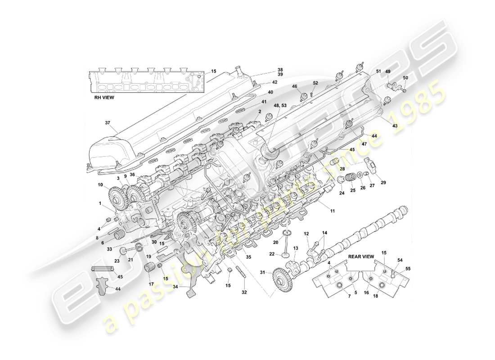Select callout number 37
tap(107, 123)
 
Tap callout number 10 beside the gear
tap(100, 184)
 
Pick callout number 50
tap(405, 78)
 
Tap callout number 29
tap(383, 182)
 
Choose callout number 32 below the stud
tap(244, 292)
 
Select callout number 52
tap(315, 82)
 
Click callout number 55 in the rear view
tap(409, 269)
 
